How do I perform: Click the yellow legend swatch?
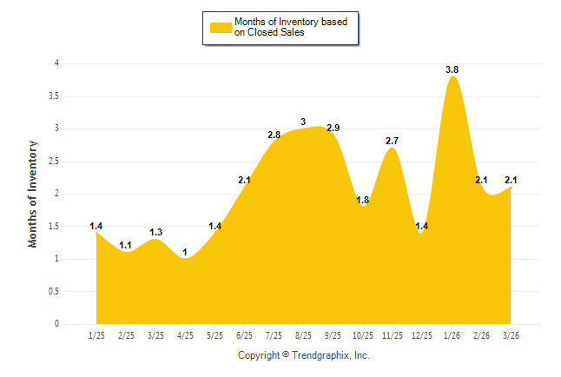point(220,27)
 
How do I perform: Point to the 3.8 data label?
point(452,69)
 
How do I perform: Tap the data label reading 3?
point(303,122)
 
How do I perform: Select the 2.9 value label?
point(333,129)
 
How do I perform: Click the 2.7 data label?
point(392,141)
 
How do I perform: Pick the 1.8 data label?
point(362,200)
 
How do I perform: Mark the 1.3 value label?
point(155,232)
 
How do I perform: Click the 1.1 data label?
point(126,245)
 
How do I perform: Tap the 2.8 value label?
point(274,135)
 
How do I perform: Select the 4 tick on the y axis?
point(56,63)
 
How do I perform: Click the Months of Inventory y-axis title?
point(33,194)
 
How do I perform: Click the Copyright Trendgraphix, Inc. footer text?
point(304,355)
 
